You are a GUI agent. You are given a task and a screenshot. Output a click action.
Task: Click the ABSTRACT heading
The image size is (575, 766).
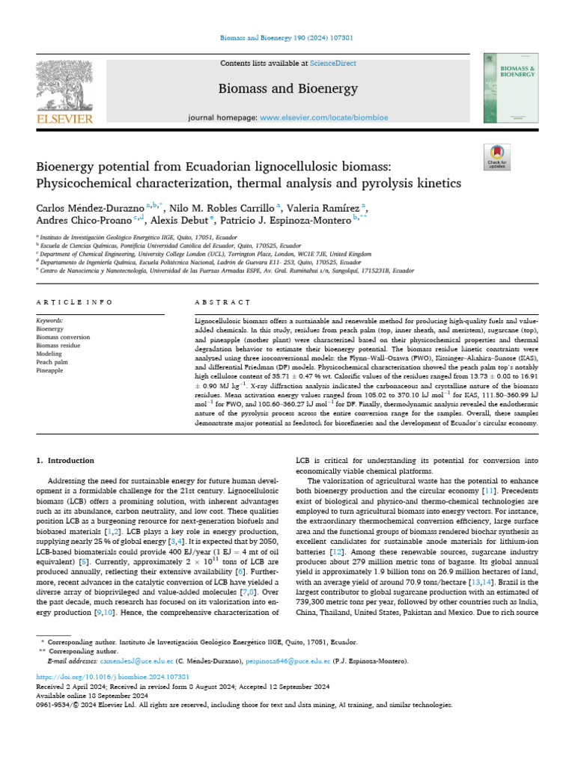coord(212,301)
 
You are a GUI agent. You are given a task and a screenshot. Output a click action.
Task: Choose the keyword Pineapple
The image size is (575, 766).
coord(50,370)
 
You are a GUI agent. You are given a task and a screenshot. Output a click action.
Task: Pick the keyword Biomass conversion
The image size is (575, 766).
coord(63,337)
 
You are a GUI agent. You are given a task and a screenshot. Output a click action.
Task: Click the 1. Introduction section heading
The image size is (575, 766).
coord(66,461)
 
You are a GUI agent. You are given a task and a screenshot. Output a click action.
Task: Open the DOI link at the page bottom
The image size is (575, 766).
coord(88,675)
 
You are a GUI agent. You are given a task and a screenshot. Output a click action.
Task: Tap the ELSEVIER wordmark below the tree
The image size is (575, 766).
coord(63,118)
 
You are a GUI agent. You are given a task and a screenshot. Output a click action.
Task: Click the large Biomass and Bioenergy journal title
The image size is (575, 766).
coord(287,90)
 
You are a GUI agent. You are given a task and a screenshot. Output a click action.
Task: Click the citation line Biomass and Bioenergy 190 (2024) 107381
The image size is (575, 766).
coord(287,37)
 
